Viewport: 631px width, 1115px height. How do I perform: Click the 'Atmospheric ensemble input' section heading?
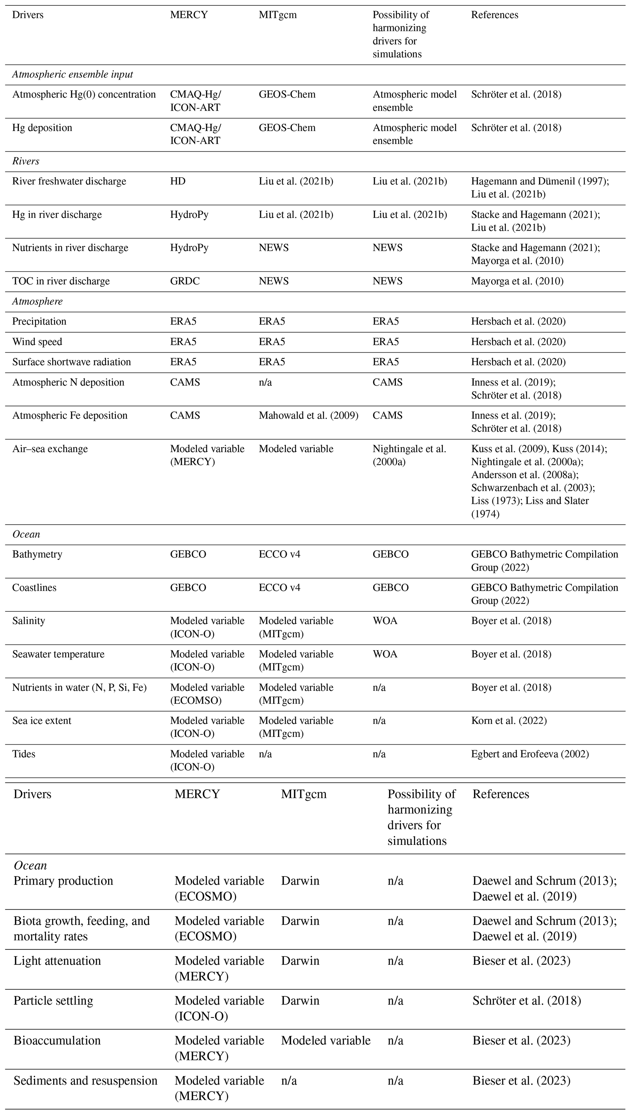pyautogui.click(x=72, y=75)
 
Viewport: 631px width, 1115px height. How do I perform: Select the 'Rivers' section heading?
pyautogui.click(x=26, y=161)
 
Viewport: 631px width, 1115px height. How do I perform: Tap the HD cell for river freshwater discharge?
pyautogui.click(x=178, y=181)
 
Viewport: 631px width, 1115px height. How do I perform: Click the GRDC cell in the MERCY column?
pyautogui.click(x=185, y=281)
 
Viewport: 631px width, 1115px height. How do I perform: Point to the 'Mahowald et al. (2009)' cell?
pyautogui.click(x=308, y=416)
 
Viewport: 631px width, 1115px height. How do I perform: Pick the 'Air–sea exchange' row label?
pyautogui.click(x=50, y=449)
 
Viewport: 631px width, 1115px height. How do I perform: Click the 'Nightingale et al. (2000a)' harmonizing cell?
pyautogui.click(x=409, y=455)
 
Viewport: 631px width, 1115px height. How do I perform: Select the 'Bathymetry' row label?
pyautogui.click(x=37, y=554)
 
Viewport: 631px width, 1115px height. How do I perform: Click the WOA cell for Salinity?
pyautogui.click(x=385, y=621)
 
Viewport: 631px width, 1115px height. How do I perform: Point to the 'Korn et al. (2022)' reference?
pyautogui.click(x=509, y=721)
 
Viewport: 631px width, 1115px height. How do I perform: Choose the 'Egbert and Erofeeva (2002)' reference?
pyautogui.click(x=530, y=754)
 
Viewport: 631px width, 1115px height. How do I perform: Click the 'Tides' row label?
pyautogui.click(x=24, y=754)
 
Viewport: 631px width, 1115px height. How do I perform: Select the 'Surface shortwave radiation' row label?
pyautogui.click(x=71, y=362)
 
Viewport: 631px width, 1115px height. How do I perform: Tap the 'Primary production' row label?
pyautogui.click(x=63, y=881)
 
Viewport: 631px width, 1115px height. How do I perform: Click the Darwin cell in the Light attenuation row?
pyautogui.click(x=300, y=961)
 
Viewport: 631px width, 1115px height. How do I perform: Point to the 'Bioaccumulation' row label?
pyautogui.click(x=57, y=1040)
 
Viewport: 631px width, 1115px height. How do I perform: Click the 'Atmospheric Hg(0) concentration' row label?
pyautogui.click(x=84, y=94)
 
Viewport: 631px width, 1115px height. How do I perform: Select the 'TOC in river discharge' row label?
pyautogui.click(x=61, y=281)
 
